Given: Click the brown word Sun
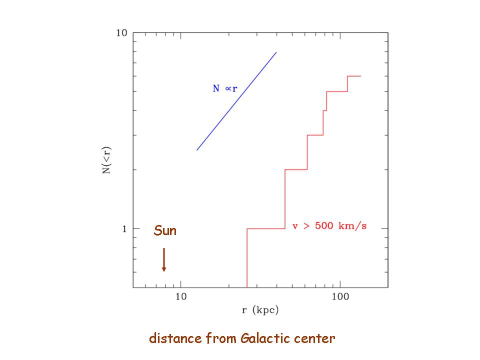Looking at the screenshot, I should pos(165,231).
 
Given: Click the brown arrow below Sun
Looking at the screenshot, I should pos(163,260).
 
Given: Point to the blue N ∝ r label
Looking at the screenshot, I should pos(225,88).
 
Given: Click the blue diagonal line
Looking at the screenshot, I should pos(236,101).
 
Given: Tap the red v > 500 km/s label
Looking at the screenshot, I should pos(329,226).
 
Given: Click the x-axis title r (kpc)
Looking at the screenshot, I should pos(260,310).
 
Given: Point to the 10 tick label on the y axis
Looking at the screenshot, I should pos(121,33).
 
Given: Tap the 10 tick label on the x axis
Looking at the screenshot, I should pos(181,295).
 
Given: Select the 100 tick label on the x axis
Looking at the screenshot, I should pos(340,295).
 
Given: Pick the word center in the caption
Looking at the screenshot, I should pos(315,339).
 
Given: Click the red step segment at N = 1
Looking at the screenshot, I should pos(266,229).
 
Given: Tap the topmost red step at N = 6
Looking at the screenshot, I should pos(354,76).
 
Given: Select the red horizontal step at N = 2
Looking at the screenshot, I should pos(296,169).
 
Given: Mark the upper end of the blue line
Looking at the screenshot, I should pos(276,52).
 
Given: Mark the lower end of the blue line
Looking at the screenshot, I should pos(197,150).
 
